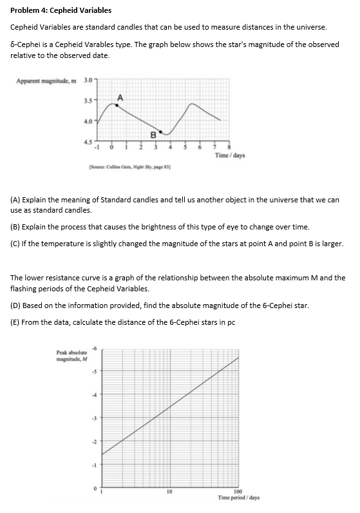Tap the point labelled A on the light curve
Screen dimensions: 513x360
(x=117, y=104)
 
